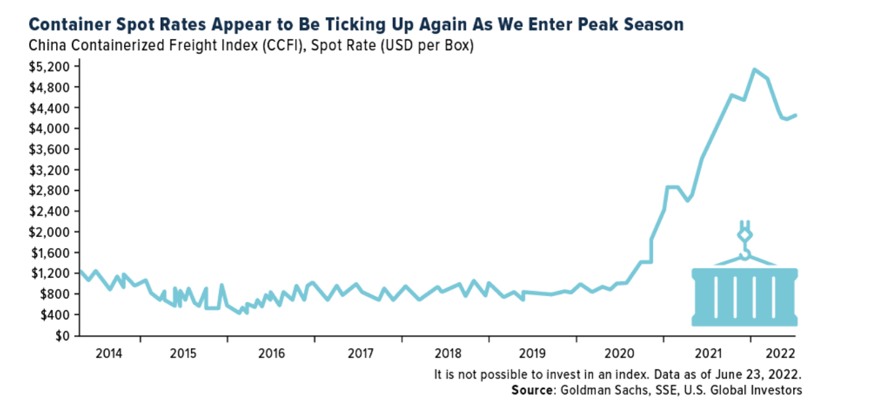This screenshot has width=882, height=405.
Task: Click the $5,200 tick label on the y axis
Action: (x=49, y=67)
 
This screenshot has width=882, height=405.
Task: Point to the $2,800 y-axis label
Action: (x=49, y=191)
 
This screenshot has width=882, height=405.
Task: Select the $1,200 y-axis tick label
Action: (x=49, y=273)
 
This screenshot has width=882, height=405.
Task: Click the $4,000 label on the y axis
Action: (x=49, y=129)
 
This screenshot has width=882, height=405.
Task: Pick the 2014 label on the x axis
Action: (x=109, y=354)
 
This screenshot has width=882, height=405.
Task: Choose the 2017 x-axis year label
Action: (x=359, y=354)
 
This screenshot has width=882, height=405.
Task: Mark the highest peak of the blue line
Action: (x=754, y=69)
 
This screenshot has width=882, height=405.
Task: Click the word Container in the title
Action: (x=64, y=25)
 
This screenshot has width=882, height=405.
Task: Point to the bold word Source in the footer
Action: (x=531, y=390)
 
